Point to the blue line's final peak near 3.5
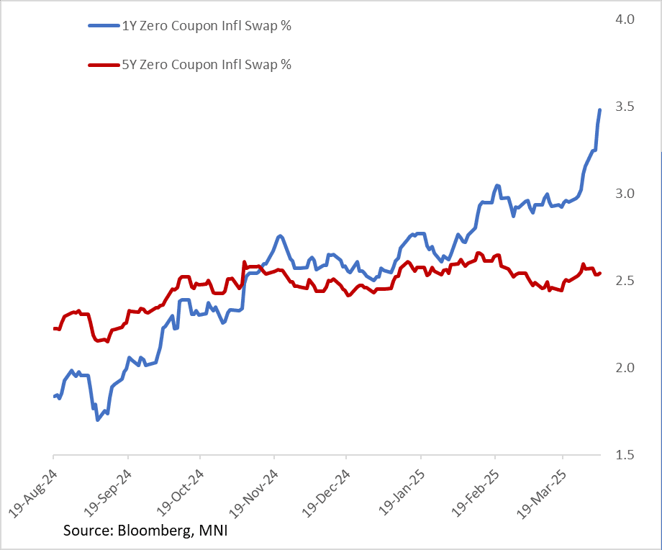(600, 110)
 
